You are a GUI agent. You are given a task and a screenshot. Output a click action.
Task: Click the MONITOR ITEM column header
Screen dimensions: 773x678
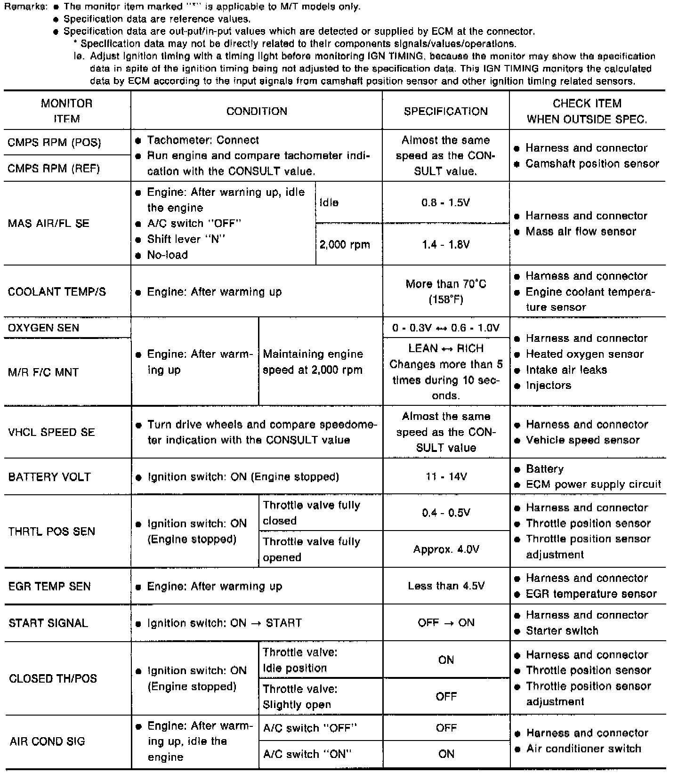pos(66,111)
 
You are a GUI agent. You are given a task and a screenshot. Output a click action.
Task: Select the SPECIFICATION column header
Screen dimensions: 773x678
pos(445,112)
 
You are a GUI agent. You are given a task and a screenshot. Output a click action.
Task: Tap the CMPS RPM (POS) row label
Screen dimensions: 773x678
pos(55,143)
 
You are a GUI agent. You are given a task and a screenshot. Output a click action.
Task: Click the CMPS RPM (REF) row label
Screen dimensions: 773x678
pos(54,169)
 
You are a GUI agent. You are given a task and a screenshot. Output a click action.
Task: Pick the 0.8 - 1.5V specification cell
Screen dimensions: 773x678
pos(445,203)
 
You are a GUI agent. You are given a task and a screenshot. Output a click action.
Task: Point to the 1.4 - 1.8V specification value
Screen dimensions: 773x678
pos(445,244)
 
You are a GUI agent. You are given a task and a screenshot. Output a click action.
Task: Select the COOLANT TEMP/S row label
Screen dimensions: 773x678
pos(57,292)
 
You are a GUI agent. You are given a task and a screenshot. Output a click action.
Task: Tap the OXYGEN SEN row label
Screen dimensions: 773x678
pos(44,328)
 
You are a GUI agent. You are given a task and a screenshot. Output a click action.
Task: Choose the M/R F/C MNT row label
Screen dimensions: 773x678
pos(43,372)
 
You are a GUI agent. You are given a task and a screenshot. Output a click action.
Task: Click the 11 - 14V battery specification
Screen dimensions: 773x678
pos(446,476)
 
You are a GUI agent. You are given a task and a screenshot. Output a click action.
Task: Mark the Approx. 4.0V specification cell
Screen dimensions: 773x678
pos(446,549)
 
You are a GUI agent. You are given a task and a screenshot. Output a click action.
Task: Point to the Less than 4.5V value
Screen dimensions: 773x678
pos(446,586)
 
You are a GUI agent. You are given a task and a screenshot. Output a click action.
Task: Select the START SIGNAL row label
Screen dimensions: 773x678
pos(48,623)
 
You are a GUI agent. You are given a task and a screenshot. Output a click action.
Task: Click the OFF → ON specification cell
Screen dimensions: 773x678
pos(446,623)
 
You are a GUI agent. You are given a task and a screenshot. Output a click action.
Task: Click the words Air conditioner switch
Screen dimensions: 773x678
pos(583,749)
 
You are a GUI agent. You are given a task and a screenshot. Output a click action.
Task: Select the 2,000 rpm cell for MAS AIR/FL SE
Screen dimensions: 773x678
pos(345,245)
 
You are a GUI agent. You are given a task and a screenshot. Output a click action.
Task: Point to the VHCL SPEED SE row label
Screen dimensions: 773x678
pos(51,432)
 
